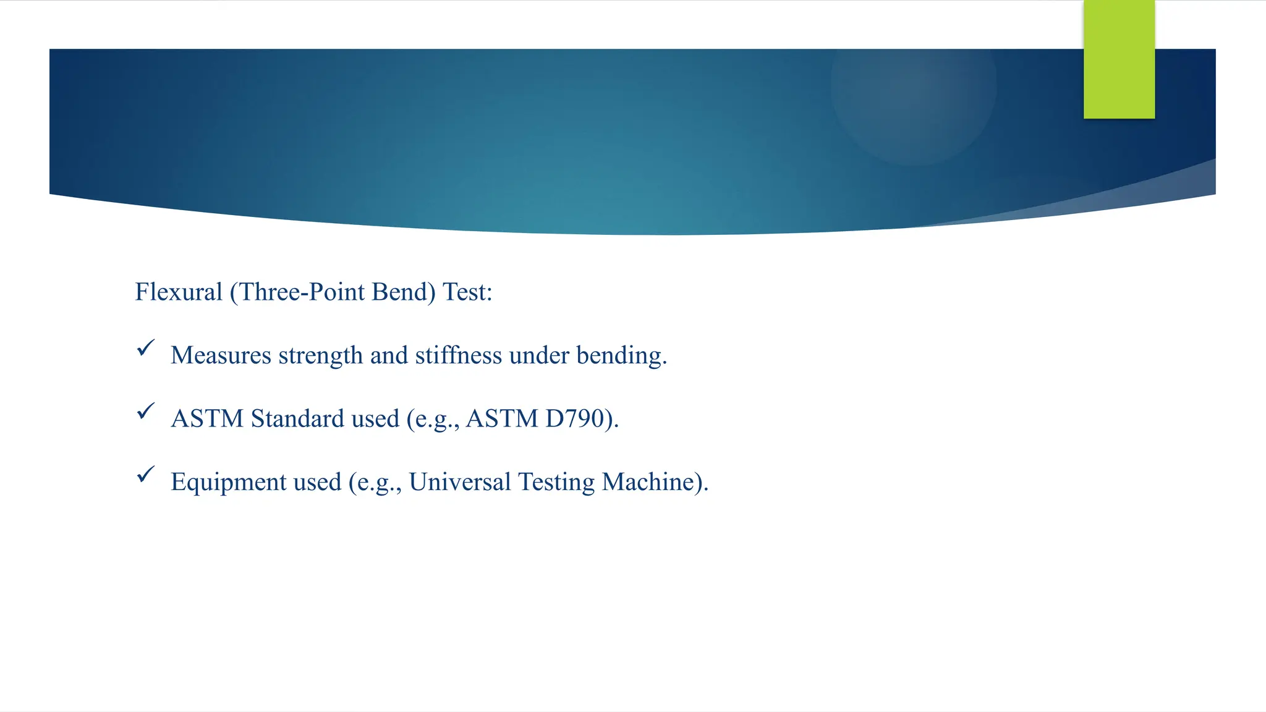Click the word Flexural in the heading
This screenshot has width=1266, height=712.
[x=179, y=292]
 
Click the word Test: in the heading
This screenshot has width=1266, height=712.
[x=467, y=292]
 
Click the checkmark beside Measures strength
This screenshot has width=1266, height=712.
[x=145, y=348]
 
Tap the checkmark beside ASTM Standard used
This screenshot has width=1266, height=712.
[x=145, y=411]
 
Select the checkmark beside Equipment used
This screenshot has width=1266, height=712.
[x=145, y=475]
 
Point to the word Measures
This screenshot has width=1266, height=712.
[x=221, y=355]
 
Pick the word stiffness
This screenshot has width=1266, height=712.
[x=458, y=355]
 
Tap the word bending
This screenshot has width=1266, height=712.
[x=621, y=356]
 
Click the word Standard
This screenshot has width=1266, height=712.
[x=297, y=419]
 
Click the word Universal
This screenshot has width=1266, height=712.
[x=459, y=482]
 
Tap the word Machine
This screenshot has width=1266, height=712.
[x=651, y=482]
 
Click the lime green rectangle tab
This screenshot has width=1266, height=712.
[x=1119, y=59]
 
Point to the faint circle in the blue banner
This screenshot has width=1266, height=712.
[x=913, y=87]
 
